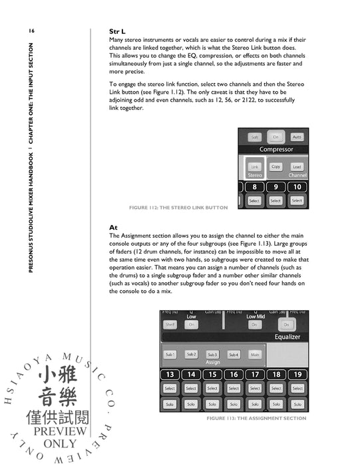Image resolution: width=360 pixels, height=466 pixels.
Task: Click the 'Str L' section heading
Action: [x=118, y=31]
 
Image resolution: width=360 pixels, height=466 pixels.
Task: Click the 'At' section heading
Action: [x=113, y=227]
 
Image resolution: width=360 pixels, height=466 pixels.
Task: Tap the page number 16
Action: [x=31, y=31]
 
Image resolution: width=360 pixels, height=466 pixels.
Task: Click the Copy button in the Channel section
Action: [x=276, y=166]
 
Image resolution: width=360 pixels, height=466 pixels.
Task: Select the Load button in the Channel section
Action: [x=297, y=166]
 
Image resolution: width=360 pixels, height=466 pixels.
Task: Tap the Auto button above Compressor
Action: [x=297, y=136]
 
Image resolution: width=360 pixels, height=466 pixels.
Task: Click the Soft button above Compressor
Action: [x=255, y=136]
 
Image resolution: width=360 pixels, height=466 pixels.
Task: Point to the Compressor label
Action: [x=276, y=150]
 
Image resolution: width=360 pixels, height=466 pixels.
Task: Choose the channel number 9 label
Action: [x=275, y=187]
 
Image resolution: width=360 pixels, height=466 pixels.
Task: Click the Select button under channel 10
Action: [x=297, y=200]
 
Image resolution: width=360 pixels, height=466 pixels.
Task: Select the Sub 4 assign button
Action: [x=234, y=355]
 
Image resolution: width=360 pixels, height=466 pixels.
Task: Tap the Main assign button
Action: [x=255, y=355]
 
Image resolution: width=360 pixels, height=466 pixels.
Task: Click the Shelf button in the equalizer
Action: [x=170, y=325]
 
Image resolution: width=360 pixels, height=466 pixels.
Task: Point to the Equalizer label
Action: [x=283, y=337]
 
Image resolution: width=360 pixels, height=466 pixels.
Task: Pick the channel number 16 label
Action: [x=234, y=374]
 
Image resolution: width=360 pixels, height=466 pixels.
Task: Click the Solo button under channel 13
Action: [x=170, y=404]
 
